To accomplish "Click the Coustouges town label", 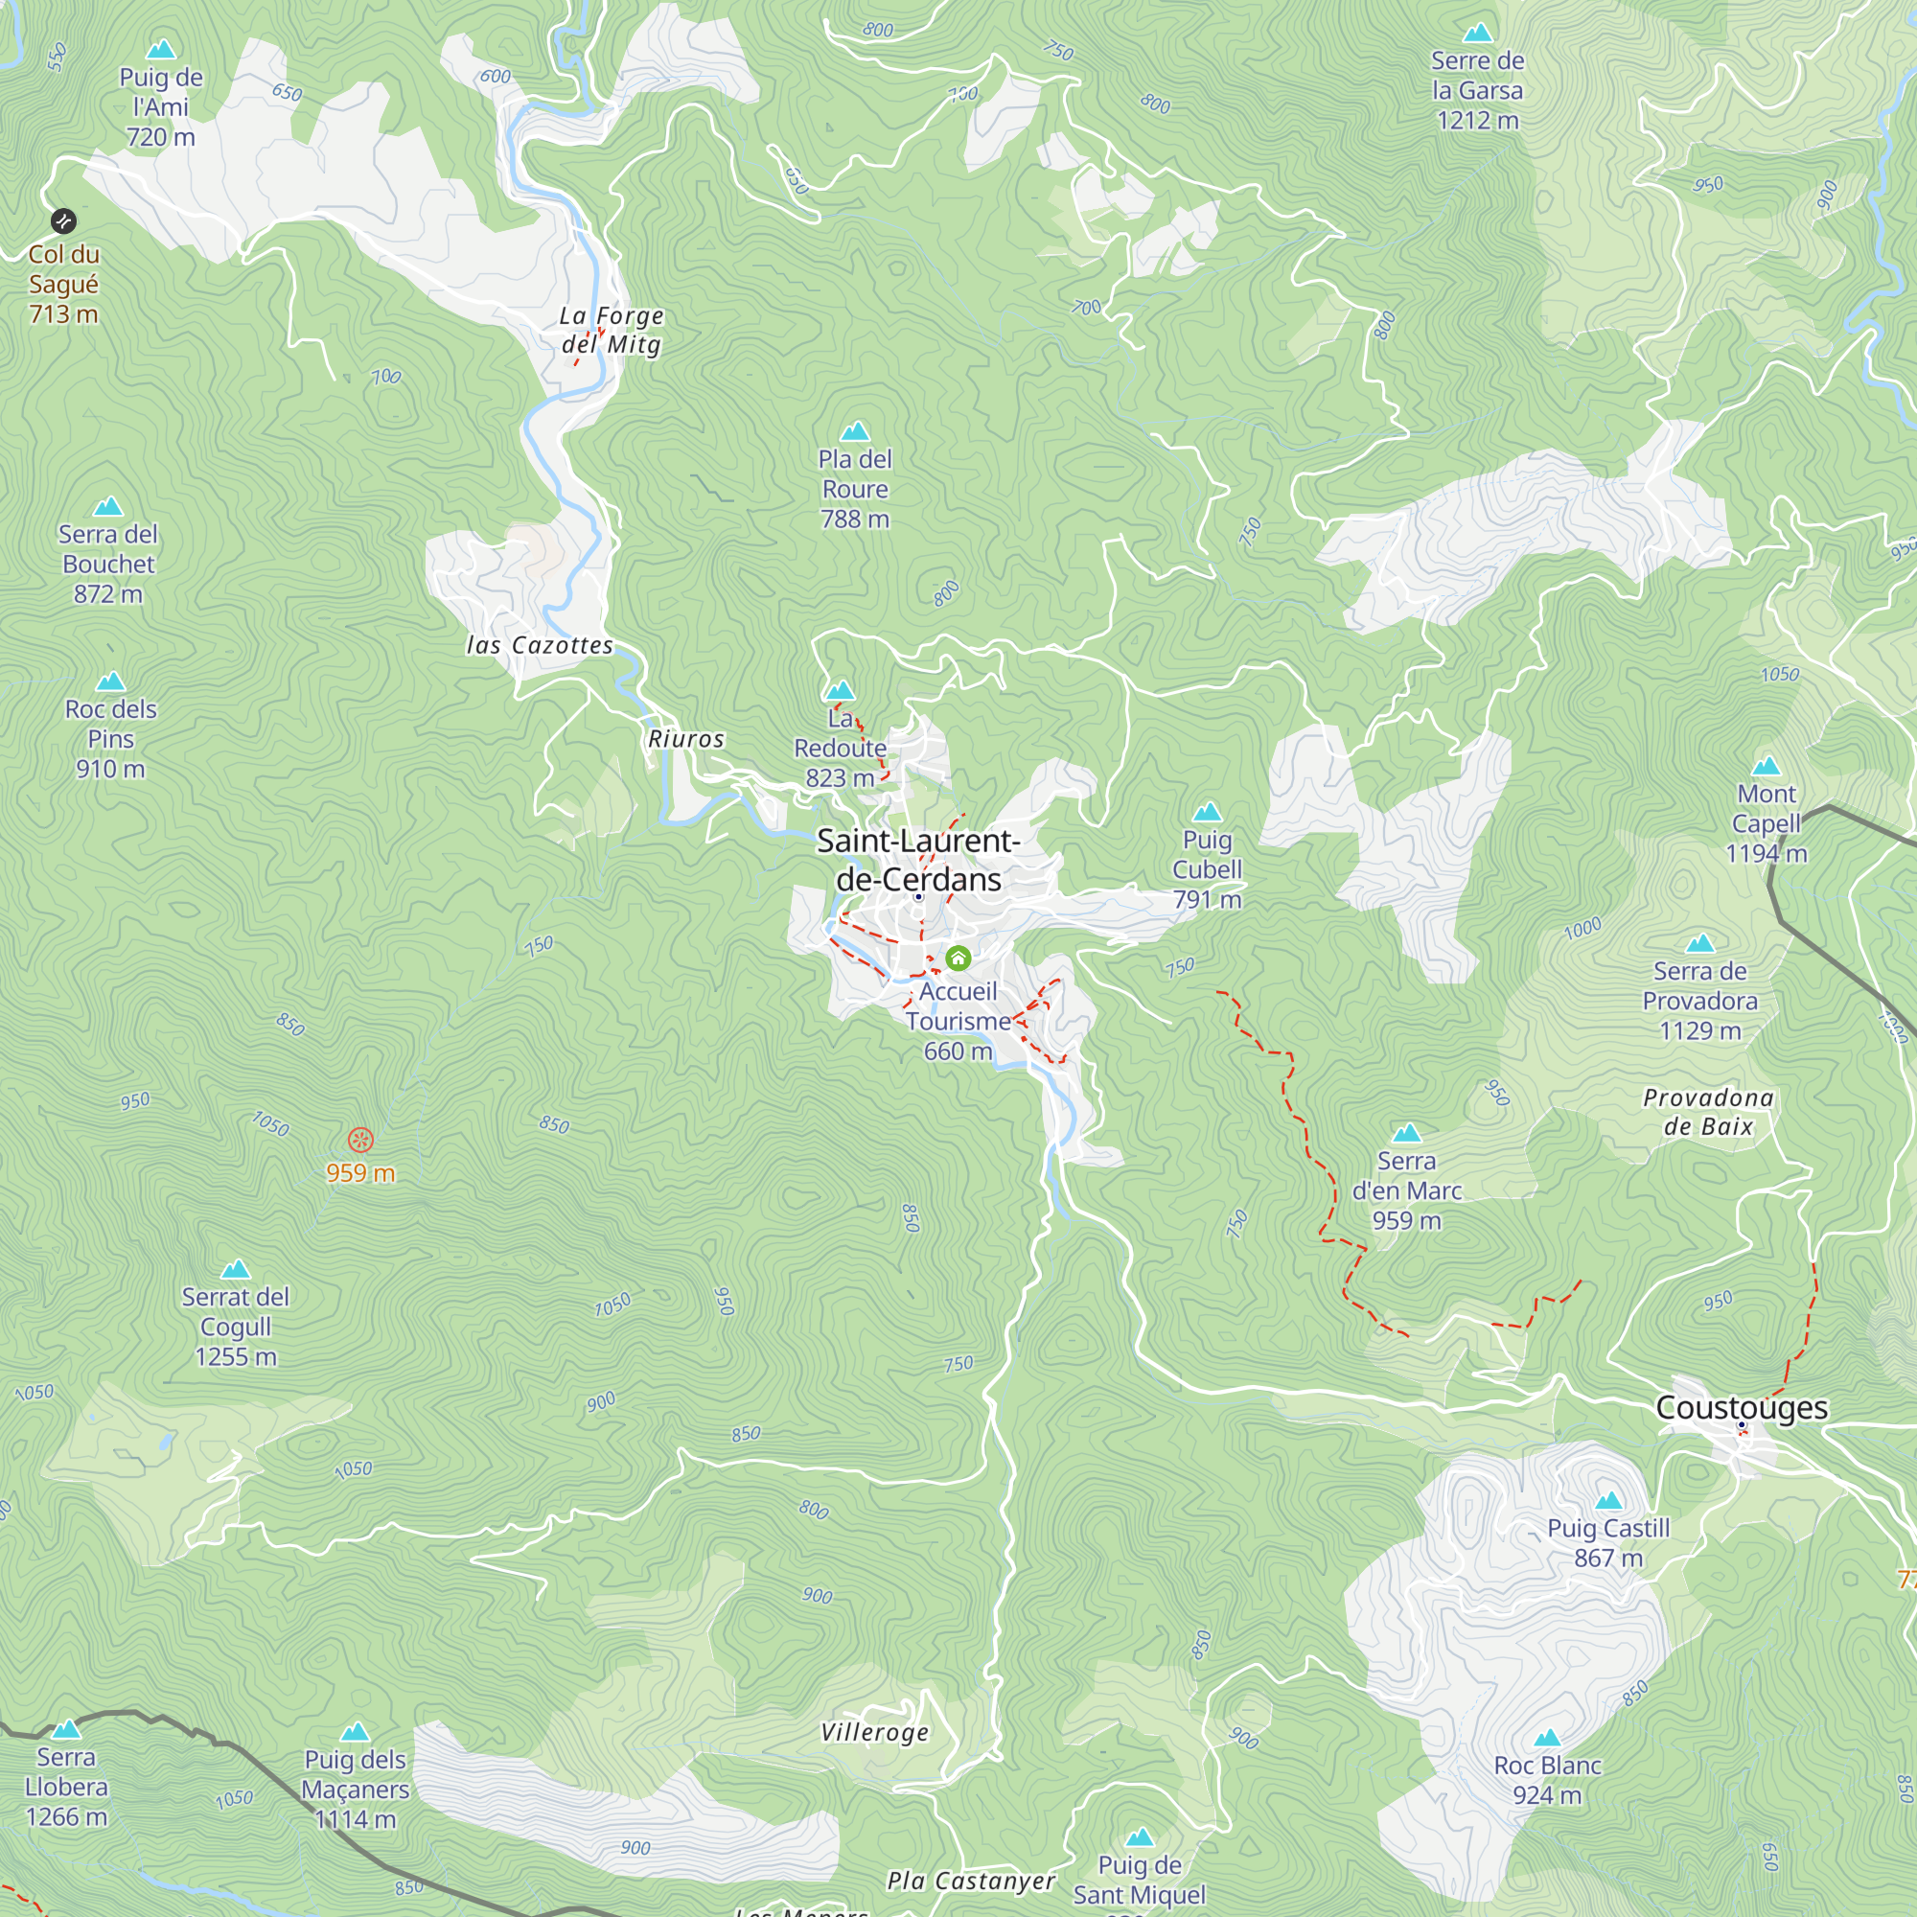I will pyautogui.click(x=1742, y=1407).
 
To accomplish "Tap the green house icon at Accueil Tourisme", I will pyautogui.click(x=958, y=958).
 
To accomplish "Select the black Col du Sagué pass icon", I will pyautogui.click(x=63, y=220).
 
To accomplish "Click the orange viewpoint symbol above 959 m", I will pyautogui.click(x=360, y=1140).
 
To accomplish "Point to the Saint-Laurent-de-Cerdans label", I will pyautogui.click(x=918, y=861).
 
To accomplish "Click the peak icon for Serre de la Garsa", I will pyautogui.click(x=1477, y=33).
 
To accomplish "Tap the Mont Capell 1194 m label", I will pyautogui.click(x=1767, y=823).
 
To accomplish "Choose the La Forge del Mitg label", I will pyautogui.click(x=612, y=331).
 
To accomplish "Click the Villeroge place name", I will pyautogui.click(x=874, y=1733).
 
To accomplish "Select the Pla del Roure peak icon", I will pyautogui.click(x=854, y=431).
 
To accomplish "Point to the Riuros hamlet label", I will pyautogui.click(x=685, y=739).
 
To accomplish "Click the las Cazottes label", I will pyautogui.click(x=540, y=646).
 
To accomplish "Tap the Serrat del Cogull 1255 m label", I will pyautogui.click(x=235, y=1327).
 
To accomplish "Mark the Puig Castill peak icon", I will pyautogui.click(x=1608, y=1500).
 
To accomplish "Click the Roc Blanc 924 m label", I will pyautogui.click(x=1547, y=1780).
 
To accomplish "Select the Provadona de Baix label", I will pyautogui.click(x=1708, y=1111).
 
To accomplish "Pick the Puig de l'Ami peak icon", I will pyautogui.click(x=161, y=50).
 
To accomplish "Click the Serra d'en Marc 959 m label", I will pyautogui.click(x=1406, y=1190).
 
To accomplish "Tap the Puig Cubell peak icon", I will pyautogui.click(x=1207, y=813).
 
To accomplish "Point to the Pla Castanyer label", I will pyautogui.click(x=970, y=1882).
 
